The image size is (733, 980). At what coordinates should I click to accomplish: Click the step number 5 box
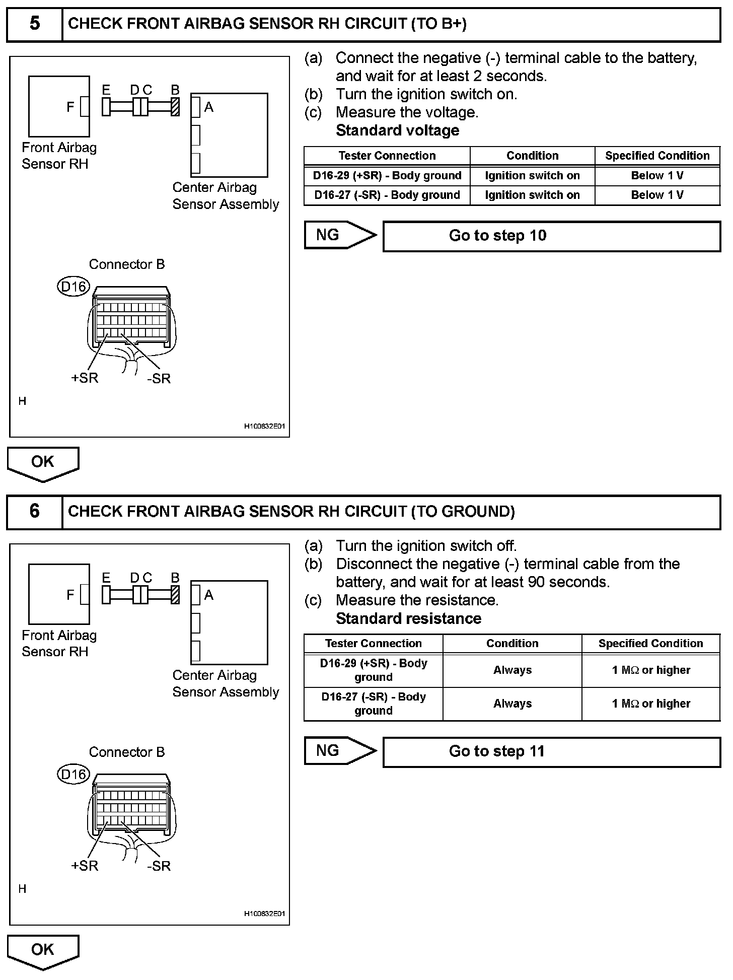tap(34, 24)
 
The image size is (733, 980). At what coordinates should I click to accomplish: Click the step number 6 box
tap(34, 512)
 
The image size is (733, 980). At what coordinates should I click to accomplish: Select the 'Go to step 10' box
tap(551, 236)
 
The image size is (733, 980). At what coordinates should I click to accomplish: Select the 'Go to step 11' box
tap(551, 751)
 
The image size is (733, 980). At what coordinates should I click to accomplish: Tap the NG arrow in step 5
tap(339, 235)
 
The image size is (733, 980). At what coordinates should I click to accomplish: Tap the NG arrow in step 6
tap(339, 751)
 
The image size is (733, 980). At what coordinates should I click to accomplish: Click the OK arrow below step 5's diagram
tap(43, 463)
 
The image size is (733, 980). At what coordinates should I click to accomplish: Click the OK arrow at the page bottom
tap(43, 951)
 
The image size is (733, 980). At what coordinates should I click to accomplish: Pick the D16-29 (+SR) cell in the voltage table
tap(387, 176)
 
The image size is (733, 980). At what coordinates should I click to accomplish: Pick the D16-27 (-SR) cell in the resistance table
tap(373, 704)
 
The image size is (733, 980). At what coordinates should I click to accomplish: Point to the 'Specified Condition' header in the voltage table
tap(657, 156)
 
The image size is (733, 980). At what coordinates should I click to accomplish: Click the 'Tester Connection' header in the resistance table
tap(373, 644)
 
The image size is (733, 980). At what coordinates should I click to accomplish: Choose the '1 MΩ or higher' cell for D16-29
tap(651, 670)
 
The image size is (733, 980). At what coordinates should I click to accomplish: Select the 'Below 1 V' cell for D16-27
tap(657, 195)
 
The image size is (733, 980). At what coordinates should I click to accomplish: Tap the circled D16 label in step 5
tap(74, 287)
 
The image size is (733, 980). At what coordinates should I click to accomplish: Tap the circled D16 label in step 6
tap(74, 775)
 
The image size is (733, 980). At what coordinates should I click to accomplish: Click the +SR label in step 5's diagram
tap(85, 378)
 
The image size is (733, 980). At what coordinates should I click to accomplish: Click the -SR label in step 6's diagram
tap(159, 866)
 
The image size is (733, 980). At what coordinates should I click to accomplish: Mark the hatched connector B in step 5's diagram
tap(175, 107)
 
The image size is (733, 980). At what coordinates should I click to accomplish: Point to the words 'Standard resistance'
tap(408, 618)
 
